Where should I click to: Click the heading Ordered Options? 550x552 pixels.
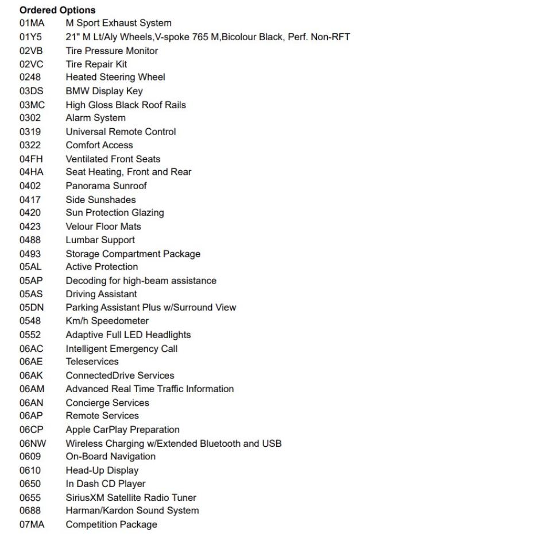57,10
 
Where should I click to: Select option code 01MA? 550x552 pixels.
32,24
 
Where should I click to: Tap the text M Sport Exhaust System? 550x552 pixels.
118,24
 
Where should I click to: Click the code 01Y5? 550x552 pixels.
30,37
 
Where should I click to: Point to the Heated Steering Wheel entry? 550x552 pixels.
115,77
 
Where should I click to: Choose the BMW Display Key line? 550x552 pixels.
104,91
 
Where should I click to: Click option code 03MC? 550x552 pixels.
32,105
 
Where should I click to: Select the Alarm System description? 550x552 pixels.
95,118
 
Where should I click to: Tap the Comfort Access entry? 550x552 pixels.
99,145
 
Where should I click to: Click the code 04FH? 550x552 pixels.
31,159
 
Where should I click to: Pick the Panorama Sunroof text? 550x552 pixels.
106,186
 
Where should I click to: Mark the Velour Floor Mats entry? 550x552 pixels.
103,227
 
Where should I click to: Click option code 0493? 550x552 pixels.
30,254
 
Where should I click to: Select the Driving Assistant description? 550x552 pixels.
101,294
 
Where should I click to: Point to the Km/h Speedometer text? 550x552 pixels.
107,321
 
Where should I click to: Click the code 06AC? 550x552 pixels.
32,348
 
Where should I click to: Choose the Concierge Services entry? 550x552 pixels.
107,402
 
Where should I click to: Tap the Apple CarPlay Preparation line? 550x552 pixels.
122,430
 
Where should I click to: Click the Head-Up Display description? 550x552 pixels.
102,470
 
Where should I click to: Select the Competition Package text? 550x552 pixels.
111,524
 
